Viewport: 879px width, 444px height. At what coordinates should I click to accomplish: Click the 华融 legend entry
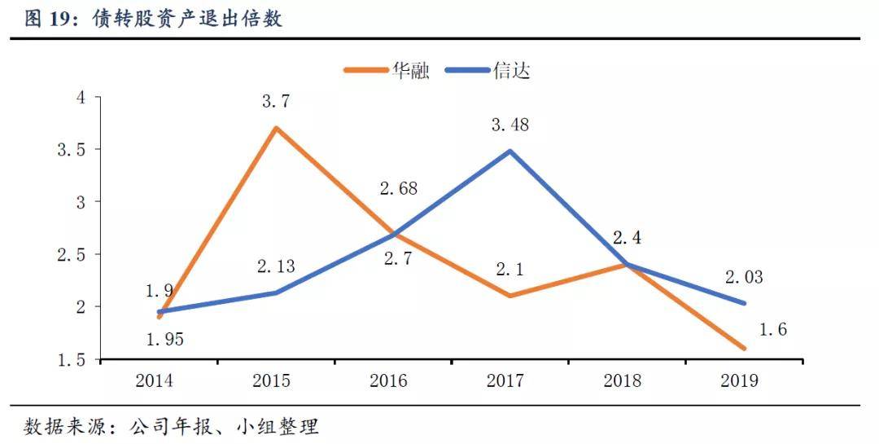tap(387, 71)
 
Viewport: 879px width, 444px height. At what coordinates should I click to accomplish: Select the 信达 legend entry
tap(488, 71)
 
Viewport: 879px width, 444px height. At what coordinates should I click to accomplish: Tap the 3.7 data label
tap(276, 102)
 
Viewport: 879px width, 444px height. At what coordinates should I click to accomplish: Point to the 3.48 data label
tap(510, 125)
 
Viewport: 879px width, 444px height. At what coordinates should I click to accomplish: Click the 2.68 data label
tap(399, 188)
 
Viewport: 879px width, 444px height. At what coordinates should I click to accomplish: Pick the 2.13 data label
tap(276, 266)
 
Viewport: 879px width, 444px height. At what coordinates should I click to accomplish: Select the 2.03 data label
tap(744, 277)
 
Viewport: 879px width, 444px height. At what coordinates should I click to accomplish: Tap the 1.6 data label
tap(773, 329)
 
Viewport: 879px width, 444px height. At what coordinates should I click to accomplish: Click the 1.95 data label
tap(164, 339)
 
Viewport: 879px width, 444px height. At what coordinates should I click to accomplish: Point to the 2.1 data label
tap(510, 270)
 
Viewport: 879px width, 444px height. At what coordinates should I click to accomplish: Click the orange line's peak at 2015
tap(276, 128)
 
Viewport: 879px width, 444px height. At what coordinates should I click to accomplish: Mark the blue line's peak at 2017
tap(509, 151)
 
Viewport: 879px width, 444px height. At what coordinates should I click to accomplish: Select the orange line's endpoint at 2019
tap(744, 348)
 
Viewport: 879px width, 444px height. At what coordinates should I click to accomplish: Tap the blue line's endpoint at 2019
tap(744, 303)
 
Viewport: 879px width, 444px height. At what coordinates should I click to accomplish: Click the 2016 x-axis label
tap(388, 380)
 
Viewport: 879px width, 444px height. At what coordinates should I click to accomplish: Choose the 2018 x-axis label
tap(623, 380)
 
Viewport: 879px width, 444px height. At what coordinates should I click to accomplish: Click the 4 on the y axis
tap(81, 98)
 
